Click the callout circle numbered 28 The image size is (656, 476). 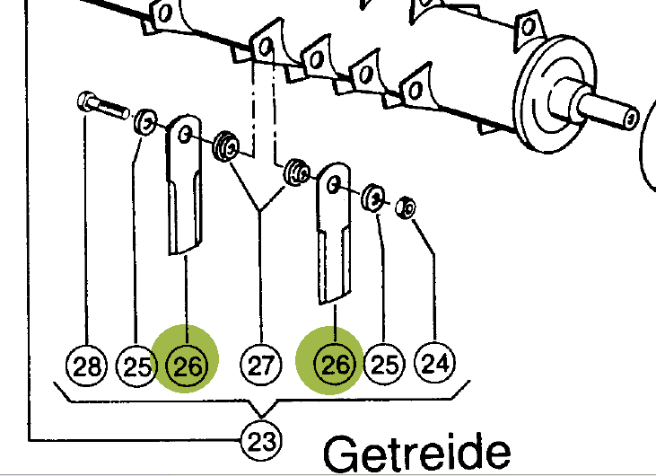[87, 366]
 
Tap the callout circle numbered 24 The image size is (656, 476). [434, 363]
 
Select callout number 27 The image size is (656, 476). [261, 365]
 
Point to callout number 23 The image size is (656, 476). [261, 440]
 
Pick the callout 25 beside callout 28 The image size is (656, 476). [136, 366]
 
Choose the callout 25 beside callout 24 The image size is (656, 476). [384, 364]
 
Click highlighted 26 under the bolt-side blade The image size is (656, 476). [186, 366]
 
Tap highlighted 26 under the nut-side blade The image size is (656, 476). [335, 364]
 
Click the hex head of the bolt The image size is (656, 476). [85, 101]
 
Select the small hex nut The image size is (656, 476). [406, 207]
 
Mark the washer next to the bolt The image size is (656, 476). [145, 122]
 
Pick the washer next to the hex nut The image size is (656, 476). [372, 198]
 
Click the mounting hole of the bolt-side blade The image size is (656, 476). [185, 136]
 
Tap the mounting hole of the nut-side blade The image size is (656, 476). [333, 185]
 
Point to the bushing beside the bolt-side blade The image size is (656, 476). [226, 146]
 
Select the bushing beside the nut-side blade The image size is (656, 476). [297, 172]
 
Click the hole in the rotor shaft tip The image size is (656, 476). [631, 119]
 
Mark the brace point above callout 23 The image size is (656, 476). [261, 417]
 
